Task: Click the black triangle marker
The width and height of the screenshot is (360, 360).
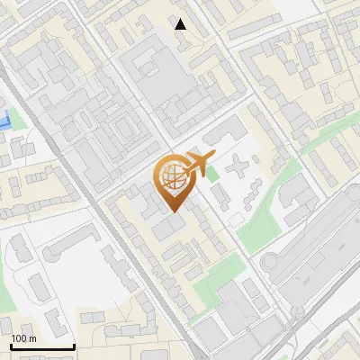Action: pyautogui.click(x=181, y=24)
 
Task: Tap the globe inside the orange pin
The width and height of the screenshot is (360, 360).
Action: pyautogui.click(x=171, y=177)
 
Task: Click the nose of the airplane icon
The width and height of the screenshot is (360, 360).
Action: pyautogui.click(x=213, y=157)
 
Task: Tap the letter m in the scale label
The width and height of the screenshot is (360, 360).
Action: pyautogui.click(x=32, y=338)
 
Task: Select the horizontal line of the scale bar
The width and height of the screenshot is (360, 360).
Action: pyautogui.click(x=42, y=346)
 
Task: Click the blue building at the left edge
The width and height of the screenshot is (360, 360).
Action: pyautogui.click(x=4, y=119)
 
